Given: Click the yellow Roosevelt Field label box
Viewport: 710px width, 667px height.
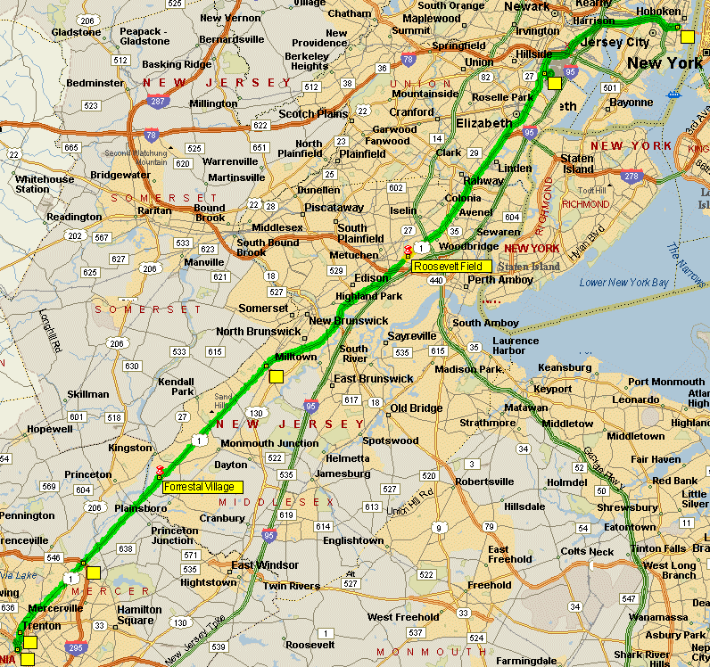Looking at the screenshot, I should [x=451, y=266].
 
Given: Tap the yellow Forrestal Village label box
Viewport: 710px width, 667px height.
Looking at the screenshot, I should [x=201, y=486].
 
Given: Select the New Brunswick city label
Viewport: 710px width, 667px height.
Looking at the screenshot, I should [x=349, y=320].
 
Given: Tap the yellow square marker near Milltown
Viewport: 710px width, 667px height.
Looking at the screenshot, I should [x=276, y=376].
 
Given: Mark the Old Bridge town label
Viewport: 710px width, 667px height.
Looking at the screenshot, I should [x=416, y=408].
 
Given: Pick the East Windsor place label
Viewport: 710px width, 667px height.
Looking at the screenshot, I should [x=266, y=565].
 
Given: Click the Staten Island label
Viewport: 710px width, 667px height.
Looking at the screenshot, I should [x=578, y=163].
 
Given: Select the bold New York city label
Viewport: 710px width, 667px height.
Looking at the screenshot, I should [x=665, y=63].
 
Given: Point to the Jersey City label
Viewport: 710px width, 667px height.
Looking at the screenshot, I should [x=614, y=42].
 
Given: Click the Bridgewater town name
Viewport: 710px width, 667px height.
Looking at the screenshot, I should [x=120, y=175].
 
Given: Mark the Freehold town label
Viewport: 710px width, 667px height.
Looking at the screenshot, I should [x=490, y=585].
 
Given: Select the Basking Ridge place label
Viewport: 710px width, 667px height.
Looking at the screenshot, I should [x=177, y=64].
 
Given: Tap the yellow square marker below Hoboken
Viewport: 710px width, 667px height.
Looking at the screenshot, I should [x=686, y=37].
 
